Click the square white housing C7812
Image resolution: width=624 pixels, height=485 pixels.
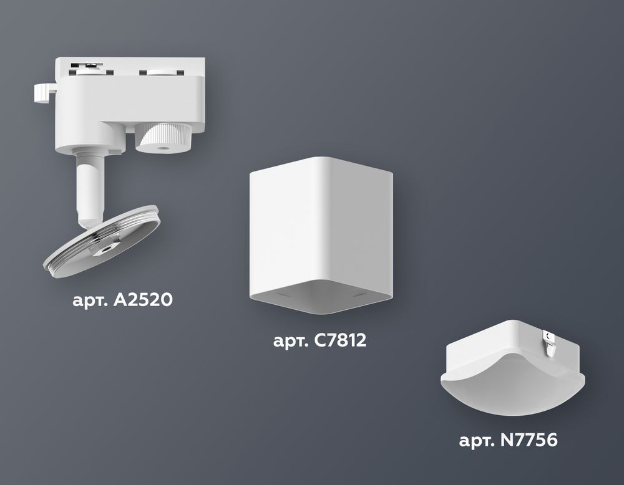321,224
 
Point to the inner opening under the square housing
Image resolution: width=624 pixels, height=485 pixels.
321,300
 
